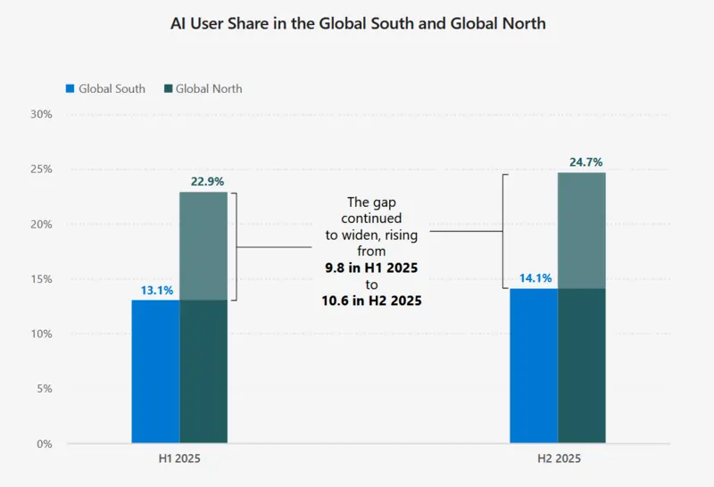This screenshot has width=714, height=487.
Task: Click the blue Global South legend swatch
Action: click(71, 89)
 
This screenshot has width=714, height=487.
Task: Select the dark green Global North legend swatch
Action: click(168, 89)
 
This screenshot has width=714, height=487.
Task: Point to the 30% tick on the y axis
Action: click(42, 114)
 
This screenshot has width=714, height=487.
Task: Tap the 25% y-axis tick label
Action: click(42, 169)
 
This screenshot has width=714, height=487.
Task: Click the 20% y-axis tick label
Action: click(42, 224)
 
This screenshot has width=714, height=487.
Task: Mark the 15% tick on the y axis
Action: click(42, 279)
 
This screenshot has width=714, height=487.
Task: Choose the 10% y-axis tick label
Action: click(42, 334)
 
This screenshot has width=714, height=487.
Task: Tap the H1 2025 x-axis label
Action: click(179, 459)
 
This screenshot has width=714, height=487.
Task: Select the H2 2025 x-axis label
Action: click(558, 459)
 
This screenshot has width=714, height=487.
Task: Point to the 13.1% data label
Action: click(156, 290)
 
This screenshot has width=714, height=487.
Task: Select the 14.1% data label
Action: click(534, 278)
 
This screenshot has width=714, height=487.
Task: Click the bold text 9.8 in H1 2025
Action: click(371, 268)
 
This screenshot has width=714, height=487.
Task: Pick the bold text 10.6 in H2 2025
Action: click(371, 301)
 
